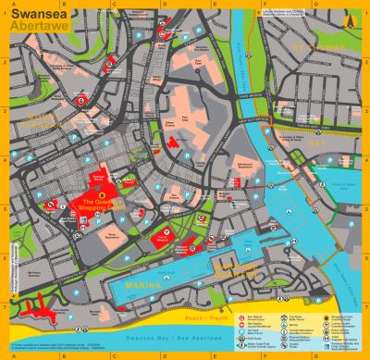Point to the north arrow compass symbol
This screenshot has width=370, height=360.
[349, 18]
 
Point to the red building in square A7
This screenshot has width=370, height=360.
[42, 304]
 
